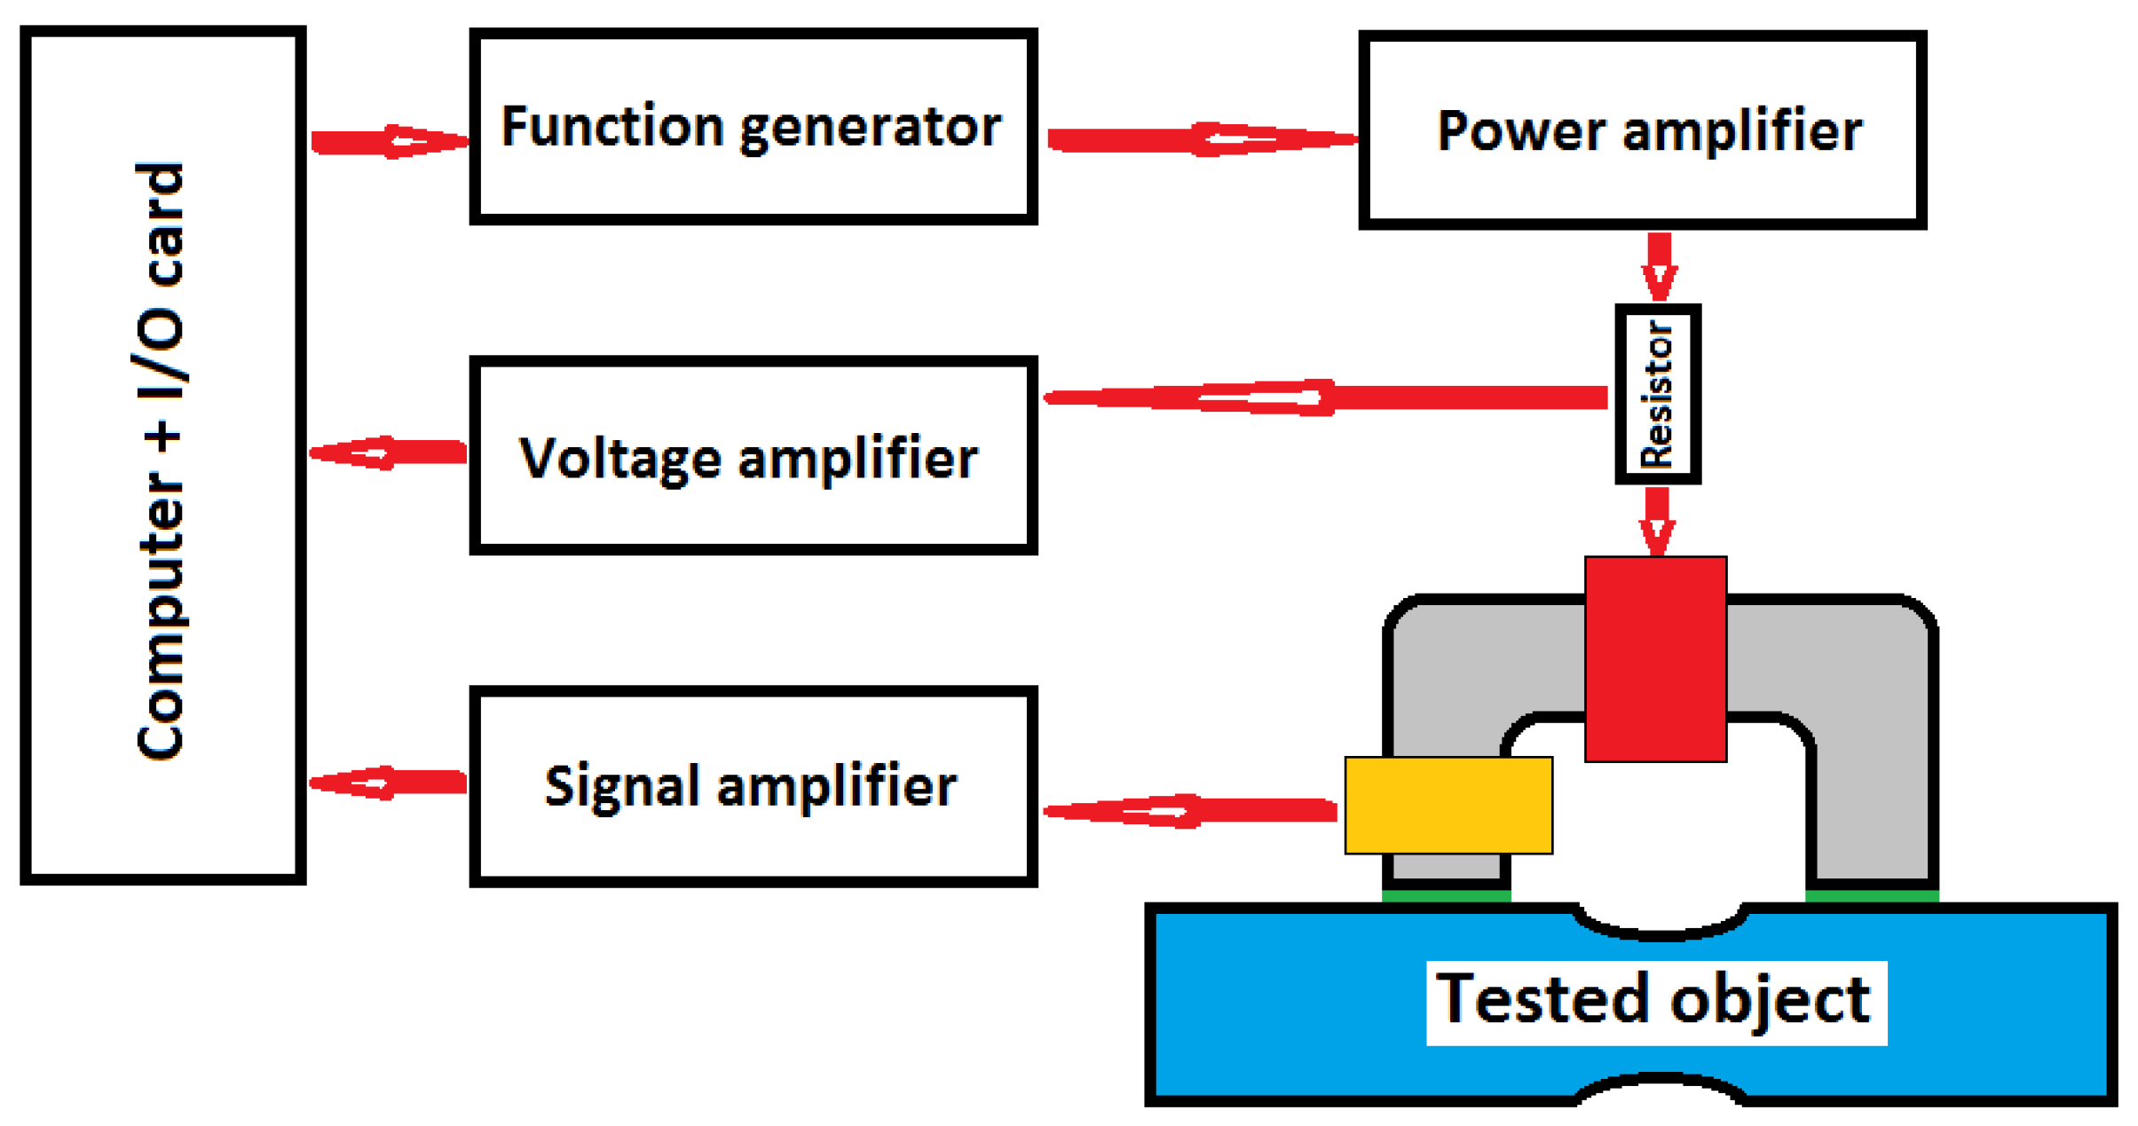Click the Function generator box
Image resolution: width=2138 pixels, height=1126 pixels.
click(x=753, y=127)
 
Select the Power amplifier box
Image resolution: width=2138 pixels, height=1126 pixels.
click(x=1641, y=130)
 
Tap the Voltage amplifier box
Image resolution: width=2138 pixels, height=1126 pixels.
click(x=753, y=456)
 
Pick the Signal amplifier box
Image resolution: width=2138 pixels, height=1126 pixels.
click(x=753, y=786)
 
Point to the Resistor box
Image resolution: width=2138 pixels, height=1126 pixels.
click(x=1656, y=394)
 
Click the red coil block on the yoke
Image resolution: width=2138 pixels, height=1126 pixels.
click(x=1654, y=658)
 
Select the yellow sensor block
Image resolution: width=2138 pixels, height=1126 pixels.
click(x=1448, y=805)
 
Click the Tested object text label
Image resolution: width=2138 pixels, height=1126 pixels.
click(x=1654, y=1002)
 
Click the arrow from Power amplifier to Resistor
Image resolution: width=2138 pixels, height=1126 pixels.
click(x=1658, y=265)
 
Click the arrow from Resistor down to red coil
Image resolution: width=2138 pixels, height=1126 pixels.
click(x=1656, y=520)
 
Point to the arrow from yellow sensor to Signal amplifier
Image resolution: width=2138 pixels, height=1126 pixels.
click(x=1189, y=810)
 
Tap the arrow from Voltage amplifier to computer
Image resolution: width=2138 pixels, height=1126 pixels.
click(x=389, y=453)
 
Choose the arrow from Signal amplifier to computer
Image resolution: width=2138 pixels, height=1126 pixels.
click(x=389, y=783)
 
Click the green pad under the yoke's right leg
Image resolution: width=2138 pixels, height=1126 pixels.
click(x=1871, y=897)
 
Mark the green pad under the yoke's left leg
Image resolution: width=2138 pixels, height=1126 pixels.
click(x=1445, y=897)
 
